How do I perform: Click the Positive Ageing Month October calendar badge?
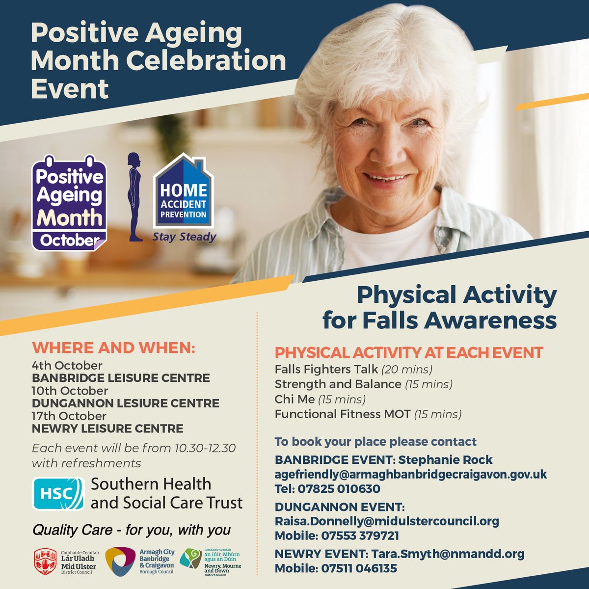69,203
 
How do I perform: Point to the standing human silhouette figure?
134,197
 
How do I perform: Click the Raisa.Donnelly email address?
387,521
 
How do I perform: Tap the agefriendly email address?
410,475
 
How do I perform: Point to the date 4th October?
67,366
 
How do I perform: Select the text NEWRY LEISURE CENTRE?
107,428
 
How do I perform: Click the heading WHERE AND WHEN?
113,348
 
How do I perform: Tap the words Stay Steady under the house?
184,237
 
